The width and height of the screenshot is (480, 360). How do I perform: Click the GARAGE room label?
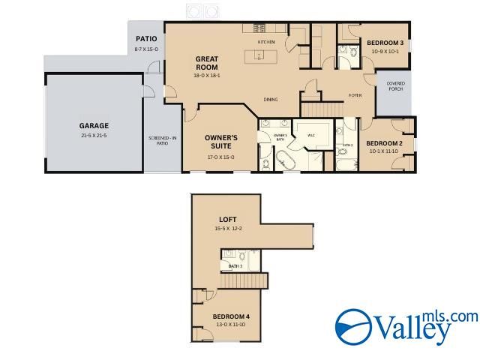coord(94,125)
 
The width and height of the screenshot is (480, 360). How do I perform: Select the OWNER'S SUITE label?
coord(221,142)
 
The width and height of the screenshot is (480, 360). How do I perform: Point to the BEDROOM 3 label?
coord(385,43)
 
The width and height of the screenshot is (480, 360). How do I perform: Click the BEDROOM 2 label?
coord(385,142)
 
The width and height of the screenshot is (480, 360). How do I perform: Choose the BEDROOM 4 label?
coord(230,316)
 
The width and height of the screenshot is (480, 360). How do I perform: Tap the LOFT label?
coord(228,219)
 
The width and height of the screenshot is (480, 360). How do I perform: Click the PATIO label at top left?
coord(145,39)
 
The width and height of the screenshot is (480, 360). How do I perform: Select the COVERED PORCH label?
coord(395,86)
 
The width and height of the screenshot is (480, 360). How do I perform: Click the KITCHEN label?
coord(266,41)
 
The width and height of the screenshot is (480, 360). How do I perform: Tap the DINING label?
coord(271,99)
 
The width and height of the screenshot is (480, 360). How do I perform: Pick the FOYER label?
coord(355,95)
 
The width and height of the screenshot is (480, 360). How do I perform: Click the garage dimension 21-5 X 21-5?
coord(94,135)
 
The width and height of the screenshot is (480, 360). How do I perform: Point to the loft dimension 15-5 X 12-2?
coord(228,228)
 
